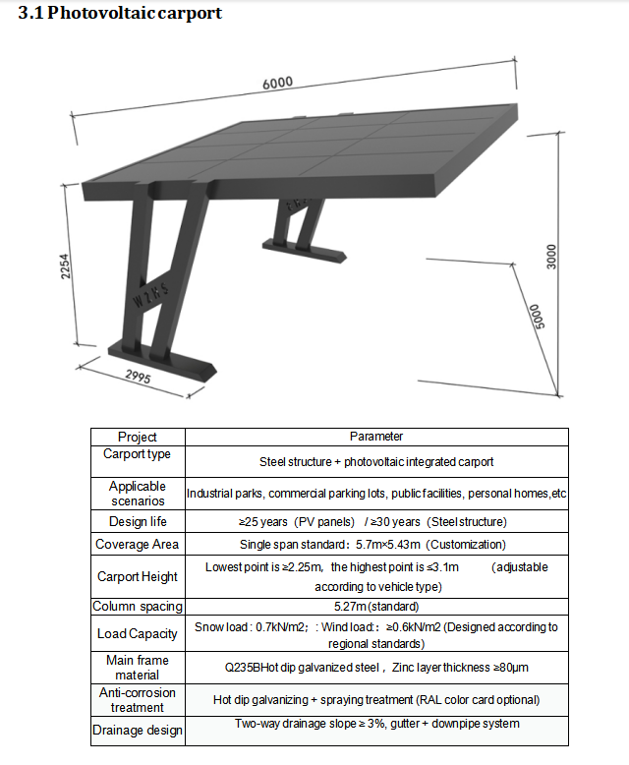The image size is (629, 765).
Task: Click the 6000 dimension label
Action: [278, 84]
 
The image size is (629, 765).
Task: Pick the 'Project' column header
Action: [137, 437]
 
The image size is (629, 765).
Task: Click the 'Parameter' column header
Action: [376, 437]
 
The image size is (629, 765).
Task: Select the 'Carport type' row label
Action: [137, 454]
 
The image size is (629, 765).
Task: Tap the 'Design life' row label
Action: [137, 521]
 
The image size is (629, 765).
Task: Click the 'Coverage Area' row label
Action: [137, 544]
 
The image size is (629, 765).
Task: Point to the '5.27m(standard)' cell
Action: [377, 607]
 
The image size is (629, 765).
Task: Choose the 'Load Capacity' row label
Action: [137, 634]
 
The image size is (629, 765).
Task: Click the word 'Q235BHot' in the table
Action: [251, 668]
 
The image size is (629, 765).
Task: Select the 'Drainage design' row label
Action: [137, 731]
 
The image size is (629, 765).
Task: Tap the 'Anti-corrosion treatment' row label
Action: [137, 700]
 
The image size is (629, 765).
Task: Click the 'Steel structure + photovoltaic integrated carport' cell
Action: [376, 461]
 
